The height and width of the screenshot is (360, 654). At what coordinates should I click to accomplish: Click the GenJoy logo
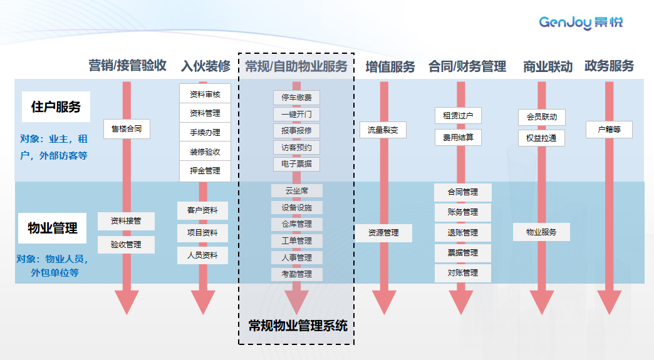[581, 23]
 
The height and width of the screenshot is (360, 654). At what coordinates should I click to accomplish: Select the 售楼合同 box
[127, 130]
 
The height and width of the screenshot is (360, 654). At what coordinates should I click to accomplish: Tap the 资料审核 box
[205, 95]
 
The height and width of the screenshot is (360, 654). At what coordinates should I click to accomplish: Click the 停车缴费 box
[296, 98]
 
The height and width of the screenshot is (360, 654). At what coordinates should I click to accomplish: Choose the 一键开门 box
[296, 114]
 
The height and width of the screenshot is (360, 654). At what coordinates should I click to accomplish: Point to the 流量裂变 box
[383, 130]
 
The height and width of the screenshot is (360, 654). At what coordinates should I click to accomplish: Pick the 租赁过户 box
[458, 116]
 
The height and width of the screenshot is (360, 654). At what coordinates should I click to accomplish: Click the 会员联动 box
[542, 117]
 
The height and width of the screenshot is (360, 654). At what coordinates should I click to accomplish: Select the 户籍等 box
[609, 130]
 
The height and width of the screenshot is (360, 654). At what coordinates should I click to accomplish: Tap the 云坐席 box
[296, 190]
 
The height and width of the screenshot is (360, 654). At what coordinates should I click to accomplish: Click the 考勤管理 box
[296, 274]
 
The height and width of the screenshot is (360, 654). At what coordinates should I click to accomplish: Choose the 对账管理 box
[463, 273]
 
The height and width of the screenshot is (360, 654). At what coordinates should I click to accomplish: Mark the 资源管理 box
[383, 233]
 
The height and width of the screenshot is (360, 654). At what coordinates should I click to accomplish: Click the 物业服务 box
[541, 232]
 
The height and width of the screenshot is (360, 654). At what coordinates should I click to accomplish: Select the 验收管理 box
[126, 245]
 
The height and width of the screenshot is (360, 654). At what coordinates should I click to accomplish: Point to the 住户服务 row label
[56, 107]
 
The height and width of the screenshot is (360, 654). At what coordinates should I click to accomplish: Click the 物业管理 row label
[53, 229]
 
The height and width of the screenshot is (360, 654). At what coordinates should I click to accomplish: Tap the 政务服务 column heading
[609, 66]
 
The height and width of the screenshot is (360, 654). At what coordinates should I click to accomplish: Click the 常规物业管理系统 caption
[297, 326]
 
